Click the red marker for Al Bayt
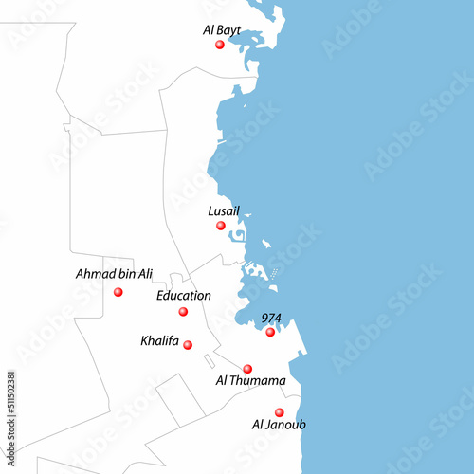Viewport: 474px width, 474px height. [x=219, y=45]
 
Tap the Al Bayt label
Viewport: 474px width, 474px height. [x=221, y=30]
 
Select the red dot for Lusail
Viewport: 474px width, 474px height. [x=220, y=226]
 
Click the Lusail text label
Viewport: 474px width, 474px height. [x=224, y=211]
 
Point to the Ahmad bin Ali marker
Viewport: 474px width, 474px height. [x=118, y=292]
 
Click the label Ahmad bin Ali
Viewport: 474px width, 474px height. [x=114, y=274]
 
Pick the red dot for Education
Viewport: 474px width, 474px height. [x=183, y=312]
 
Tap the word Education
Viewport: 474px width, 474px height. [x=184, y=296]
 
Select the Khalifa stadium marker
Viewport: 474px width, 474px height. [x=188, y=345]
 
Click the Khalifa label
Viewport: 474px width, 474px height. [x=159, y=340]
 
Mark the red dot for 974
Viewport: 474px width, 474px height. [x=270, y=332]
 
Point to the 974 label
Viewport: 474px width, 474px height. [x=273, y=318]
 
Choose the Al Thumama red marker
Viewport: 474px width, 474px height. [x=247, y=369]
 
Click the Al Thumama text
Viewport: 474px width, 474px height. [x=250, y=381]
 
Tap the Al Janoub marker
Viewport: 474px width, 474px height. [x=279, y=412]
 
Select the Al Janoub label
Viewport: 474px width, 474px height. [x=279, y=425]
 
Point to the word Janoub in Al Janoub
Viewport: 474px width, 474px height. [x=285, y=425]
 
